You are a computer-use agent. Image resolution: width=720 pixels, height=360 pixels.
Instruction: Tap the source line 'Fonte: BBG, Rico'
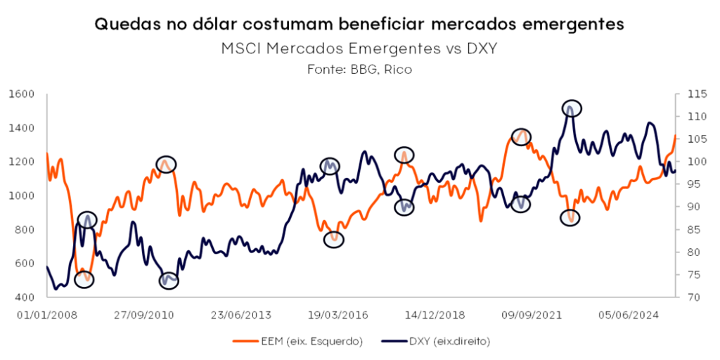pyautogui.click(x=359, y=69)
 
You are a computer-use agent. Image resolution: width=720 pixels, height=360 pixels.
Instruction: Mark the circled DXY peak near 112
pyautogui.click(x=572, y=108)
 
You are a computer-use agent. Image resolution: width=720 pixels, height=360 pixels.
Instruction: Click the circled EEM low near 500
pyautogui.click(x=85, y=278)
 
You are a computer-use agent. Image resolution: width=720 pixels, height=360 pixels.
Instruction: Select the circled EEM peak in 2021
pyautogui.click(x=521, y=136)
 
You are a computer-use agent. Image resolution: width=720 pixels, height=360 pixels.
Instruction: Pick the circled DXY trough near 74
pyautogui.click(x=169, y=281)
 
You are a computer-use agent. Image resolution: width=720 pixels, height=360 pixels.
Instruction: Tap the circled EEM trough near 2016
pyautogui.click(x=335, y=239)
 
